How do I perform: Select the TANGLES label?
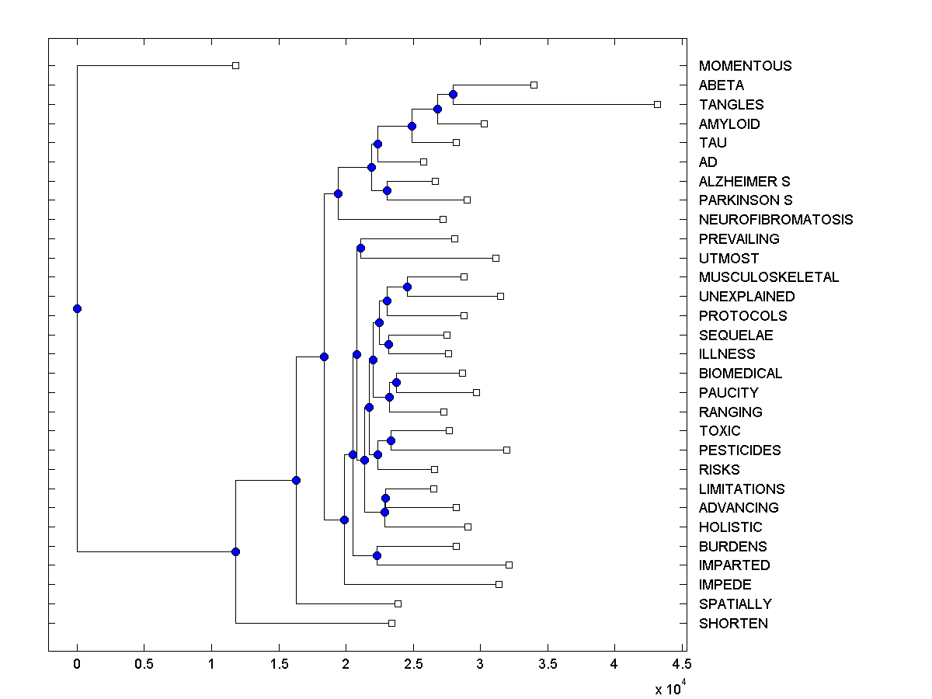tap(731, 105)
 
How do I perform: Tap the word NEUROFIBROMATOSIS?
tap(775, 220)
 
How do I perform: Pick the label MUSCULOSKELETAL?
tap(768, 277)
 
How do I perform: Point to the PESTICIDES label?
tap(739, 450)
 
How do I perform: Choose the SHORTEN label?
tap(733, 624)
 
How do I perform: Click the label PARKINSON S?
tap(745, 200)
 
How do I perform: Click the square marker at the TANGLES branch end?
tap(657, 104)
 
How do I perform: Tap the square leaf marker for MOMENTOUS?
tap(236, 65)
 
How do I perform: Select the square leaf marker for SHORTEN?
tap(391, 623)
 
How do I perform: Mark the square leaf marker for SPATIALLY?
tap(398, 603)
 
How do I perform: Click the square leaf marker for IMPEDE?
tap(499, 584)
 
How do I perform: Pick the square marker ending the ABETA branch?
tap(534, 85)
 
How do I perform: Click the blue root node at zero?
tap(77, 308)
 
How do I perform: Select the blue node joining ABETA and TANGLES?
tap(453, 94)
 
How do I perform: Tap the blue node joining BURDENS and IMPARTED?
tap(377, 555)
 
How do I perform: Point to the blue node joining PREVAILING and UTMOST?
tap(360, 248)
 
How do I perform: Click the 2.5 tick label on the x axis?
tap(412, 666)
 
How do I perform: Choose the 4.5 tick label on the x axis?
tap(681, 666)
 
